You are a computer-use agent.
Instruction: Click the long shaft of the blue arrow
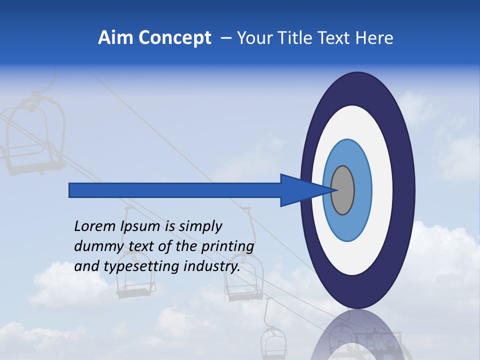coord(175,190)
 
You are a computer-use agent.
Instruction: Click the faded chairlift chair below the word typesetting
coord(134,287)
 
